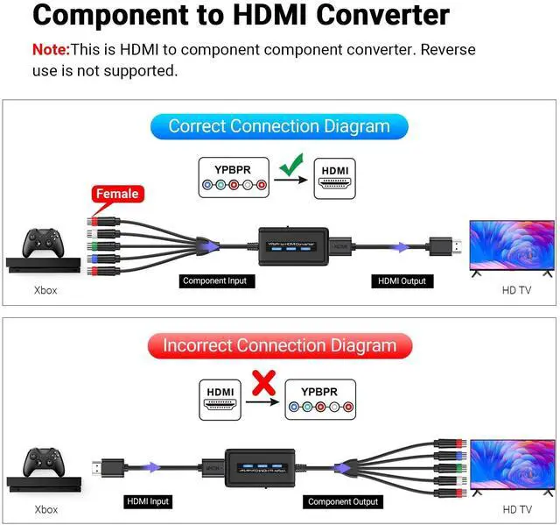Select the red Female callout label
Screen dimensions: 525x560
coord(117,194)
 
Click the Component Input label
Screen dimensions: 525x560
coord(214,281)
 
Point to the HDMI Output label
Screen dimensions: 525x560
coord(401,281)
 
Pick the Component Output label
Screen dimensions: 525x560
coord(343,501)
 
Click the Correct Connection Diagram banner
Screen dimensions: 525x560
coord(278,125)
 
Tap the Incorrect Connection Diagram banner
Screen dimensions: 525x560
coord(279,345)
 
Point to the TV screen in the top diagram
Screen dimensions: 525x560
coord(512,246)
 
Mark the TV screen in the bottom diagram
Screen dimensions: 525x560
coord(512,466)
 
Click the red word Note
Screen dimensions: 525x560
coord(50,50)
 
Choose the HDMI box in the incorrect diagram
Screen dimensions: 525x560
coord(220,400)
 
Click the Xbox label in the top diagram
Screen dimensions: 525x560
coord(45,289)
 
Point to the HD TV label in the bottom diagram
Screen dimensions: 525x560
coord(516,509)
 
